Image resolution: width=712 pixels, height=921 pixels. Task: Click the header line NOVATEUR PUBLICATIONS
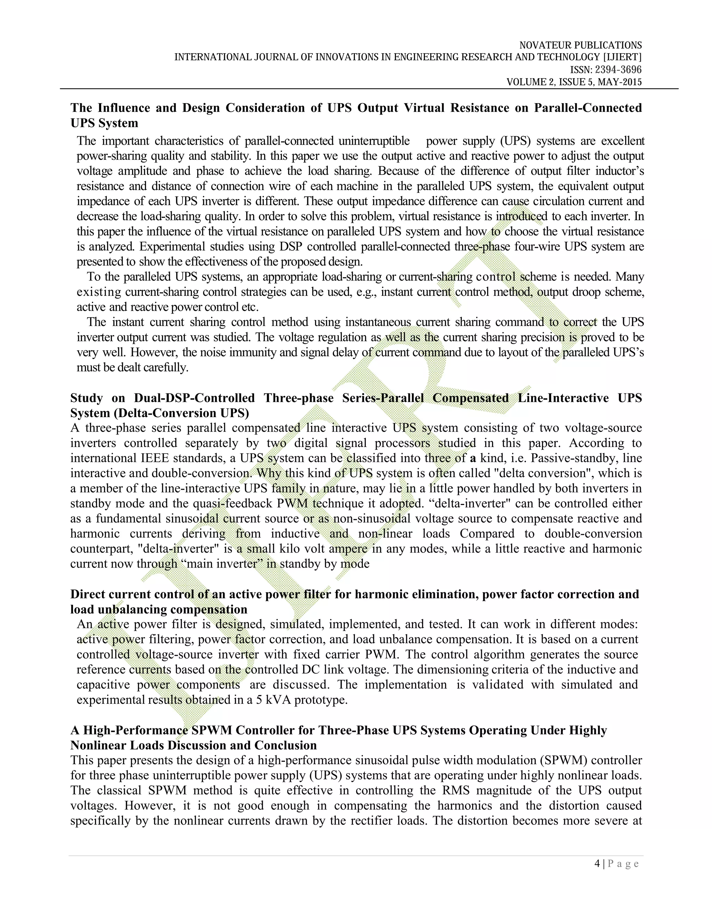(x=580, y=45)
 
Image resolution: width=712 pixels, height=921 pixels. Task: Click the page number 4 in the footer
(x=597, y=863)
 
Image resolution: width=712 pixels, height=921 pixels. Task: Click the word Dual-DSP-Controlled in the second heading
(x=194, y=398)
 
